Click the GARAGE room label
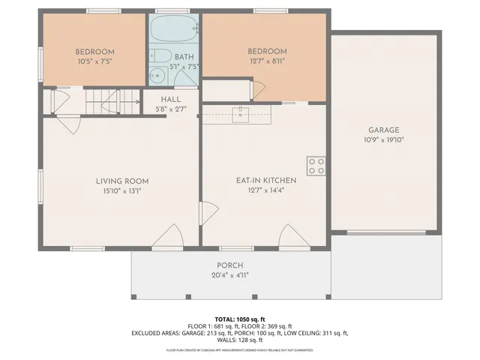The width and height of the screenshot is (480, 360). coord(383,129)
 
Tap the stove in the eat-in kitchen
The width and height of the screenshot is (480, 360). coord(315,165)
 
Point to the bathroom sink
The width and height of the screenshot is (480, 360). coord(157,75)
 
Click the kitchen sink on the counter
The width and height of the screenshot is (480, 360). coord(240,114)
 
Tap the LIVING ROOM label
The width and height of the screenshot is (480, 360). coord(121,181)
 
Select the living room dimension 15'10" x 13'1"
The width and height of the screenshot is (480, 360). coord(121,190)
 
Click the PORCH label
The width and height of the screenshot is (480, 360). coord(230,265)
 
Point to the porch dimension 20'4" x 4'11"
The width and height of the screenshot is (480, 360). coord(230,275)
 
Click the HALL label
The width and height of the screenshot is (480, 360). coord(171,100)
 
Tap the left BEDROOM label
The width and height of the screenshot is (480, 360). coord(94,52)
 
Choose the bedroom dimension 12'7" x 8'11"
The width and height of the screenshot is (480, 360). coord(267,61)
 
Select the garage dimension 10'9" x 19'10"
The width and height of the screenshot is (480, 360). coord(383,139)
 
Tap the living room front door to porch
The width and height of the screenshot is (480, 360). coord(168,238)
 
